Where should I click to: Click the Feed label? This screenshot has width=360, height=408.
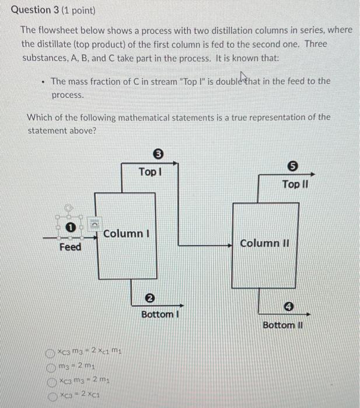tap(71, 247)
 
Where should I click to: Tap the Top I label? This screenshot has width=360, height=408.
tap(150, 173)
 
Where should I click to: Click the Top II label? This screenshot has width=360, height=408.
tap(295, 184)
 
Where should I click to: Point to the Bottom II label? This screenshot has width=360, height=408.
tap(282, 325)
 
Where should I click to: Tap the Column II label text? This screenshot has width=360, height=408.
tap(261, 242)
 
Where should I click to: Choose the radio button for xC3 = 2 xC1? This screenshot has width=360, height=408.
tap(52, 394)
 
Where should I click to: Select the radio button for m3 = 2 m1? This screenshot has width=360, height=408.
tap(52, 366)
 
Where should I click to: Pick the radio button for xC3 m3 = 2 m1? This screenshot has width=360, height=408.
tap(52, 380)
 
